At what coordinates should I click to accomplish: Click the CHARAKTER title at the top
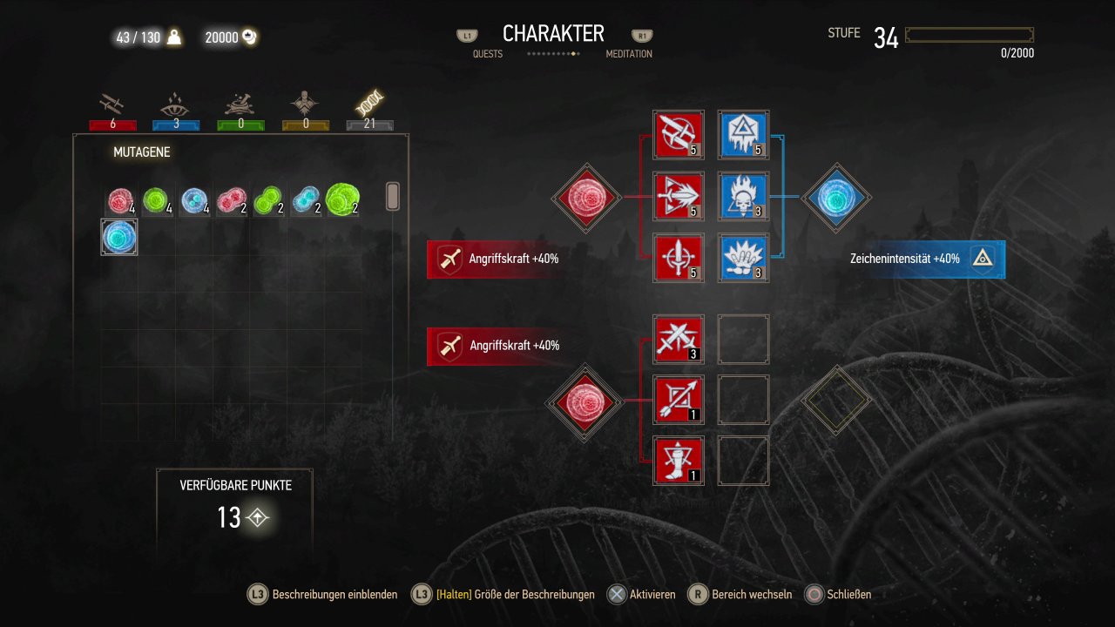coord(553,34)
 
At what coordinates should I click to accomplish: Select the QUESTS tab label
coord(487,54)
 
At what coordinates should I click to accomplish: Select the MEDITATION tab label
coord(629,54)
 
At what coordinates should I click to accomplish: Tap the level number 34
coord(886,37)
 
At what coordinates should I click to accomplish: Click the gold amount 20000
coord(221,37)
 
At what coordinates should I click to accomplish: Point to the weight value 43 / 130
coord(138,37)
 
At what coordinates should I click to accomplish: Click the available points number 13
coord(229,517)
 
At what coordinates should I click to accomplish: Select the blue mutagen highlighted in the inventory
coord(119,238)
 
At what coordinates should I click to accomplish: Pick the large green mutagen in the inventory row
coord(342,199)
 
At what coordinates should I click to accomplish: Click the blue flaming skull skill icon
coord(743,197)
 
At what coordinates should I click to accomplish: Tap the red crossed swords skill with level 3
coord(678,340)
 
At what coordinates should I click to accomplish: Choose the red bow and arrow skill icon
coord(678,400)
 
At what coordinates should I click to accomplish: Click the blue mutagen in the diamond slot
coord(836,198)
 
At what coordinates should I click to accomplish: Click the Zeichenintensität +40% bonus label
coord(904,259)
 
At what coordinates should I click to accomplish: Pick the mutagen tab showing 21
coord(369,110)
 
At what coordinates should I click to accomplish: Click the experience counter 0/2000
coord(1017,53)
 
